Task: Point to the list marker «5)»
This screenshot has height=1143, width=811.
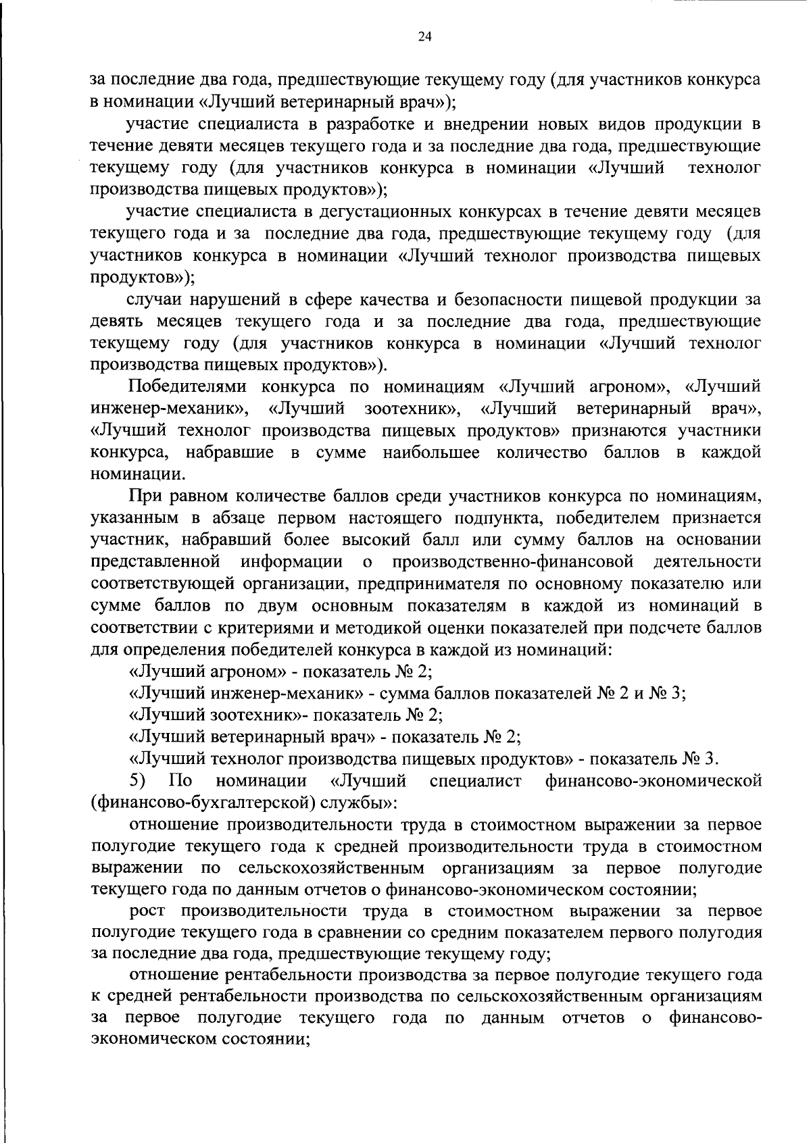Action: click(138, 781)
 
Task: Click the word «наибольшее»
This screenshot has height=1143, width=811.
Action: click(431, 453)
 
